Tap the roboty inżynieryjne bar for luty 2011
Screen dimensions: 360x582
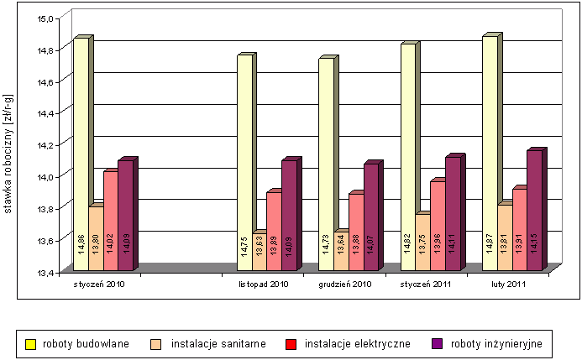pos(534,210)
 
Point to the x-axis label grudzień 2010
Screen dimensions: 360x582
pos(345,285)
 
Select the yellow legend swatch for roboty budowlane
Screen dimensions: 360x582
pos(29,343)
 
